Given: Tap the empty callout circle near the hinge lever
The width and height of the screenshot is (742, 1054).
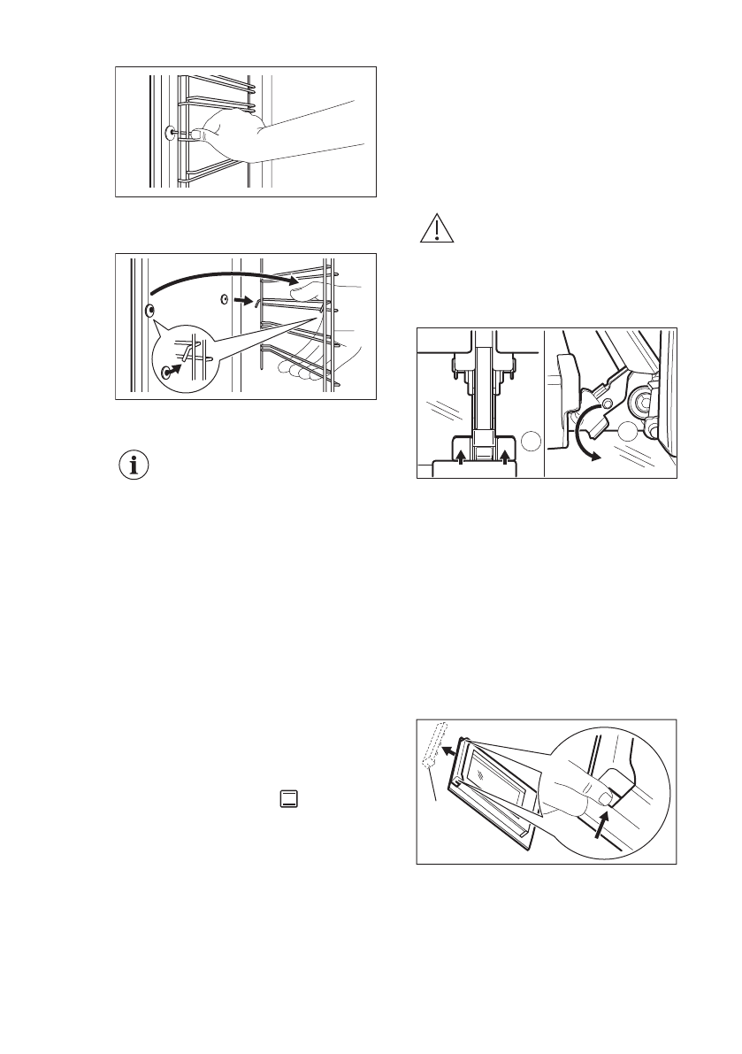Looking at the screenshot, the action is pos(630,433).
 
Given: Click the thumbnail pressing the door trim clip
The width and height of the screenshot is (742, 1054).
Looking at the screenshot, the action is pos(605,799).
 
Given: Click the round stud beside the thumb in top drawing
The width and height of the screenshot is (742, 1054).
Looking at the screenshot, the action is pos(170,134).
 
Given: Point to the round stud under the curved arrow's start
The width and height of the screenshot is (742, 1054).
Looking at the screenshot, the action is pos(148,311).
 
